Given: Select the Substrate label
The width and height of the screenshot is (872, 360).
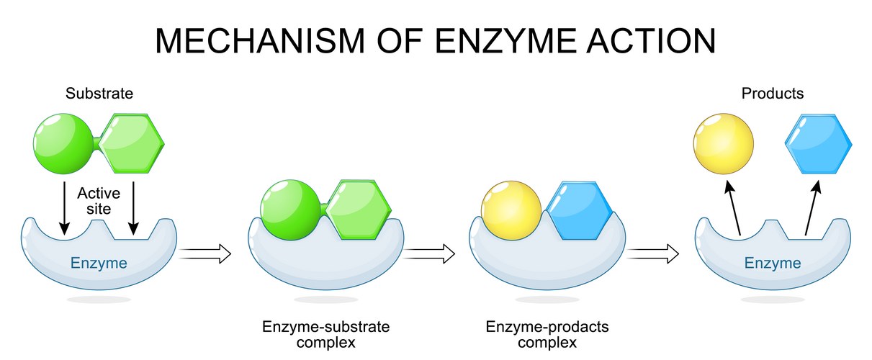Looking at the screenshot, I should click(x=99, y=93).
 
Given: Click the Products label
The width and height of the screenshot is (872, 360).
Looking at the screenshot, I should click(x=773, y=93).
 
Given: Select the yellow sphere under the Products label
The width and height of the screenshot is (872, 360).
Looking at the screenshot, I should click(x=724, y=143).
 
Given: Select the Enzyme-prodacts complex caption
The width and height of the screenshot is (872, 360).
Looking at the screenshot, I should click(x=547, y=334).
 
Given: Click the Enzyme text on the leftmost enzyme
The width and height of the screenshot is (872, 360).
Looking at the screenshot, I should click(x=99, y=263).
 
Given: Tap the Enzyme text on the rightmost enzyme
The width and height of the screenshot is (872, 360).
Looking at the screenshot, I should click(x=773, y=263).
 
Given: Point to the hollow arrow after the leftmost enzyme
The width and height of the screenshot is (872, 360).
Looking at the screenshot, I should click(x=204, y=253).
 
